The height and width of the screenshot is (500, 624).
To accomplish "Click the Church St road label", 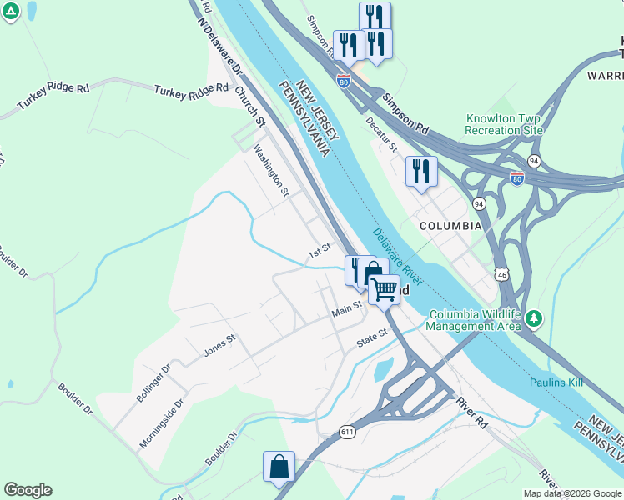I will click(x=249, y=107).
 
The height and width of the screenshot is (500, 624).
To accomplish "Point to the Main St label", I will click(x=345, y=310).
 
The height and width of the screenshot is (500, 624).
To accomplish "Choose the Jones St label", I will click(x=220, y=347).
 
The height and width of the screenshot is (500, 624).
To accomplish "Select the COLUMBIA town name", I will click(x=450, y=226).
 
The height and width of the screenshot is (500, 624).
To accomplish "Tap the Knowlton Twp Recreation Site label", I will click(x=505, y=124).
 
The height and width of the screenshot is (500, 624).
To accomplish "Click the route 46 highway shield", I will click(x=501, y=274).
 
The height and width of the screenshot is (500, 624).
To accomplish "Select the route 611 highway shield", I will click(x=349, y=432).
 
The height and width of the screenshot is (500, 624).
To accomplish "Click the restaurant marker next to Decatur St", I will click(x=421, y=172).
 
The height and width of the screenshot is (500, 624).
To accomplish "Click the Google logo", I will click(x=28, y=490).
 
